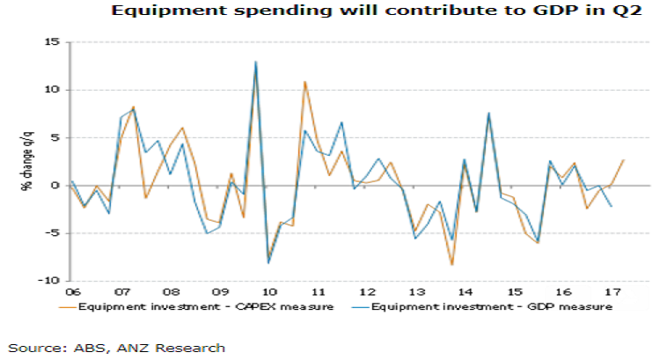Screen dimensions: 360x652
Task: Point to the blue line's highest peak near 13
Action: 255,62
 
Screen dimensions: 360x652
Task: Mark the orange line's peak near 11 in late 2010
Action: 304,82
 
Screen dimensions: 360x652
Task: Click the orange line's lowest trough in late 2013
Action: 451,265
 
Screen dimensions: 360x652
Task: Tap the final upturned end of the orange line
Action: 623,160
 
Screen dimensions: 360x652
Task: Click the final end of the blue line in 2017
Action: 611,206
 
